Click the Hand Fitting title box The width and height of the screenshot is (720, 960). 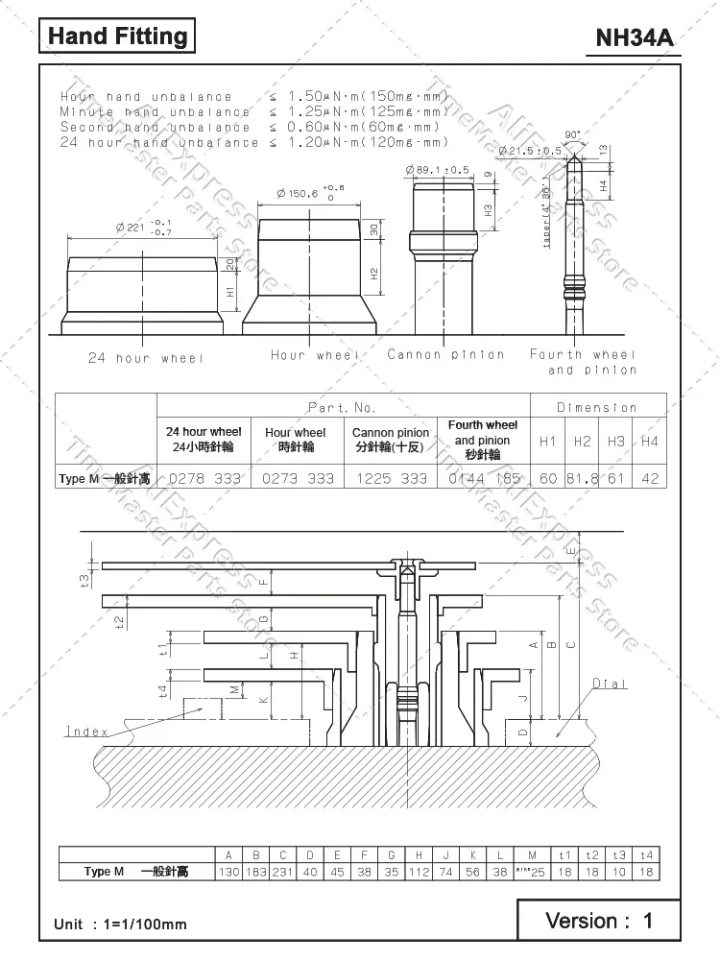pyautogui.click(x=117, y=36)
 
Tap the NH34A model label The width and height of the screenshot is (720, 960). pyautogui.click(x=635, y=38)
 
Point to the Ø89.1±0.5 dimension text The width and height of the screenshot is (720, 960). pyautogui.click(x=440, y=170)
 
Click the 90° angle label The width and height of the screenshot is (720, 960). pyautogui.click(x=573, y=134)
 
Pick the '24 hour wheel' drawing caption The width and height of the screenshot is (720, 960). pyautogui.click(x=146, y=358)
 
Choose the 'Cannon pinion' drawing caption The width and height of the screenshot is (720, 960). pyautogui.click(x=445, y=354)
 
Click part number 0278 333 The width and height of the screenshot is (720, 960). pyautogui.click(x=204, y=478)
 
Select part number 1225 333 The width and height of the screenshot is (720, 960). pyautogui.click(x=390, y=478)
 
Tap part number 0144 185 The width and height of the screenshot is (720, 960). pyautogui.click(x=484, y=478)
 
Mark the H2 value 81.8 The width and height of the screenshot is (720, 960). pyautogui.click(x=583, y=478)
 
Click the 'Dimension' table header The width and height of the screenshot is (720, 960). pyautogui.click(x=597, y=407)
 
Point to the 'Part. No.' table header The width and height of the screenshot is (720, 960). pyautogui.click(x=343, y=407)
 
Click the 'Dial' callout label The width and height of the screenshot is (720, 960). pyautogui.click(x=609, y=684)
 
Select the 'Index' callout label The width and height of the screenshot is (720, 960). pyautogui.click(x=86, y=732)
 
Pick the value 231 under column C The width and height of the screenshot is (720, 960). pyautogui.click(x=283, y=872)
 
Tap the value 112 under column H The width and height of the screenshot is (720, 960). pyautogui.click(x=419, y=872)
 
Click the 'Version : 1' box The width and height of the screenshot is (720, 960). pyautogui.click(x=598, y=921)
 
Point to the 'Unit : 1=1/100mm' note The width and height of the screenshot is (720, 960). pyautogui.click(x=120, y=924)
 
